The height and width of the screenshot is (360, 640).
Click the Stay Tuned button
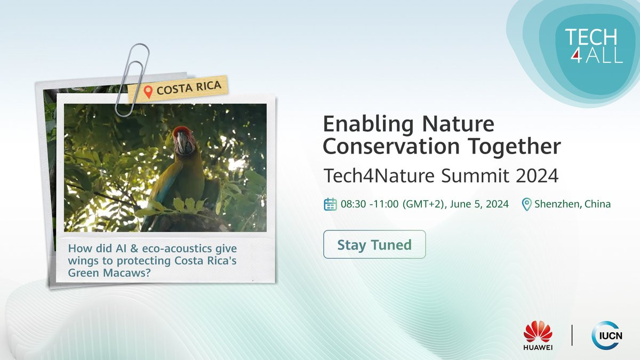tap(374, 244)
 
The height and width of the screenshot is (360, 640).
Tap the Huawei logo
tap(538, 335)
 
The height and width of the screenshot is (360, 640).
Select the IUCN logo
tap(607, 335)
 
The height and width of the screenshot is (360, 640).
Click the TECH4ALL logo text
tap(594, 46)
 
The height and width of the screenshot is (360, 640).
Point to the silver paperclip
tap(132, 80)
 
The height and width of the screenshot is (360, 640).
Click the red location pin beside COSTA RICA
tap(148, 92)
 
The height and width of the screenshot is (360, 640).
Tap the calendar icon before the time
tap(330, 204)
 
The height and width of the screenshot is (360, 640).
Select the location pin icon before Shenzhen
tap(526, 204)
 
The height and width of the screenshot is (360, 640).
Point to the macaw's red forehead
tap(182, 130)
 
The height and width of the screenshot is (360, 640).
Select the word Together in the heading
tap(514, 146)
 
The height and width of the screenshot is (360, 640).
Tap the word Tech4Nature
tap(379, 175)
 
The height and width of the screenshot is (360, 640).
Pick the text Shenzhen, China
tap(573, 204)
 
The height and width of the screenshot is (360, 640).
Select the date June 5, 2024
tap(479, 204)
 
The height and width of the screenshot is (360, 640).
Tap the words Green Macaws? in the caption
tap(109, 273)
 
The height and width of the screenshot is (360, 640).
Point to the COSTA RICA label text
tap(189, 87)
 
